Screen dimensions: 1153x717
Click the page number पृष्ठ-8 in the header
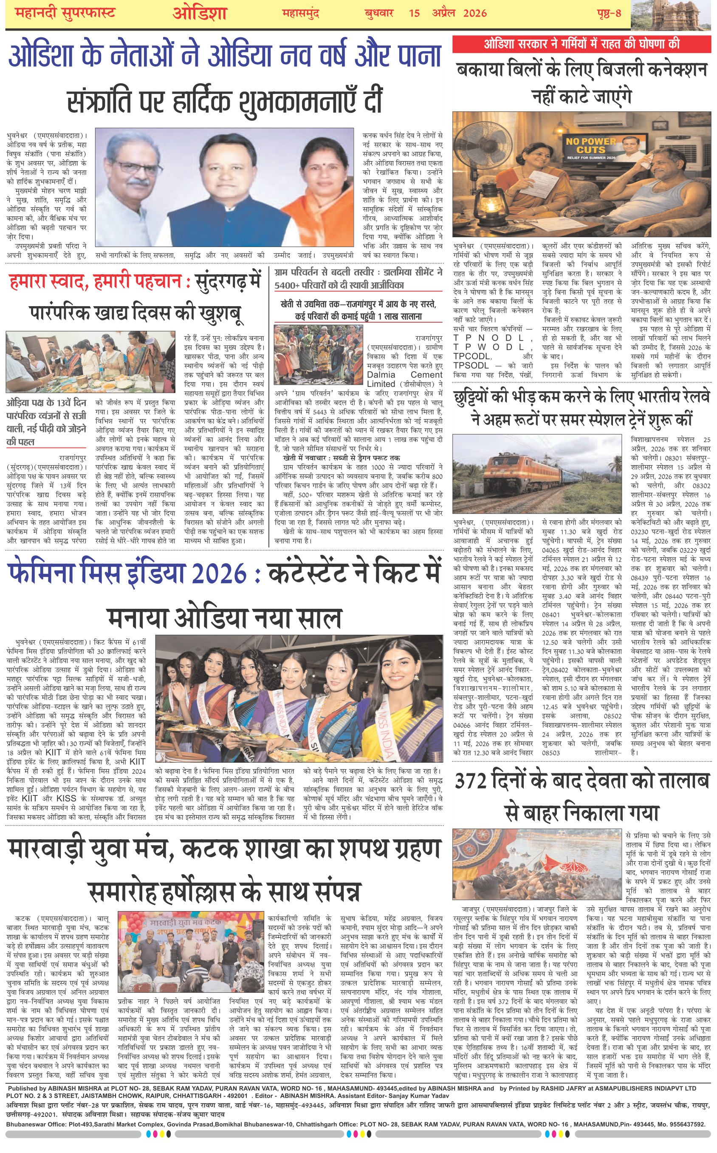point(609,13)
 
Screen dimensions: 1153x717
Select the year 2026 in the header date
point(475,13)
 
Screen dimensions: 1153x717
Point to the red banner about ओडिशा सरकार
point(582,45)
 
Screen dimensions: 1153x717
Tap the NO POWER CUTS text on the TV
point(591,146)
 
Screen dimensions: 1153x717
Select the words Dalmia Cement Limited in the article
point(404,379)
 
